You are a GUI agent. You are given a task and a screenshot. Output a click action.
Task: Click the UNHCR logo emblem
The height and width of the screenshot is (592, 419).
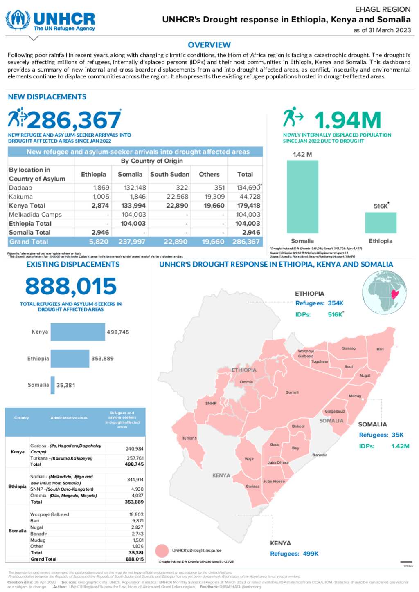(x=18, y=20)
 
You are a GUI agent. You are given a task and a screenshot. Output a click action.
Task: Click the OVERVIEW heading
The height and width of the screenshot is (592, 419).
(x=209, y=45)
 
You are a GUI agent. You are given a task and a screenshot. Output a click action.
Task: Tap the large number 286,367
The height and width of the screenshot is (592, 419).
(x=74, y=120)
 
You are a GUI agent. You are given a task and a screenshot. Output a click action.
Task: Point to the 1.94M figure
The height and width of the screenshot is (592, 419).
(x=347, y=120)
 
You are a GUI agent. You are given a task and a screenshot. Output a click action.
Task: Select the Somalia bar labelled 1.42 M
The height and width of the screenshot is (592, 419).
(x=302, y=197)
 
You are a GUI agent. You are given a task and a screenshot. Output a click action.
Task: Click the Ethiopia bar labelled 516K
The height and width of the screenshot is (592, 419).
(x=381, y=223)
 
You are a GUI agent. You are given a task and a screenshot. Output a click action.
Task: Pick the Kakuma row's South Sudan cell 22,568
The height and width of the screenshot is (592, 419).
(x=177, y=197)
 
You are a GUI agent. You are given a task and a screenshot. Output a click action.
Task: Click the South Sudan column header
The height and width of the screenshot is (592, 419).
(x=169, y=174)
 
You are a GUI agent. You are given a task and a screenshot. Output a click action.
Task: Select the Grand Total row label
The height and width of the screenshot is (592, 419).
(x=29, y=242)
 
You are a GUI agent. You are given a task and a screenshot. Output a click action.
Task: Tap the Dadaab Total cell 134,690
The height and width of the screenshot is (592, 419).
(x=248, y=188)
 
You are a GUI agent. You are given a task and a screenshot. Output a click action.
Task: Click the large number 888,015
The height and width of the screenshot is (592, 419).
(x=71, y=286)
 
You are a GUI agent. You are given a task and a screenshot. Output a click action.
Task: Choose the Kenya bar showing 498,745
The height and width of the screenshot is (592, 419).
(x=78, y=332)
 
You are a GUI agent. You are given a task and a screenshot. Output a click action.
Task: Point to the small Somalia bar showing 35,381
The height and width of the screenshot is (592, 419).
(x=52, y=385)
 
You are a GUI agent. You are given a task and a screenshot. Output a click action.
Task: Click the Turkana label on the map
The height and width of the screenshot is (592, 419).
(x=189, y=438)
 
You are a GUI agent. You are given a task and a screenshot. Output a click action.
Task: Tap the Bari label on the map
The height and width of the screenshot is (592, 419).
(x=380, y=349)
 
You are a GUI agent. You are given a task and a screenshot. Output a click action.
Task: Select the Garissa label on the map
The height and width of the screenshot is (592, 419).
(x=252, y=486)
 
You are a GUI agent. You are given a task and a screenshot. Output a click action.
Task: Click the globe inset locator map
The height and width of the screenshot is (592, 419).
(x=384, y=292)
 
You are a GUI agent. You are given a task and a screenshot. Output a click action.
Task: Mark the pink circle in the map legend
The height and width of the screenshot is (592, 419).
(x=162, y=551)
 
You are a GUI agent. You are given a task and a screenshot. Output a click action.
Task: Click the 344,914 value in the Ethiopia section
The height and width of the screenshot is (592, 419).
(x=135, y=480)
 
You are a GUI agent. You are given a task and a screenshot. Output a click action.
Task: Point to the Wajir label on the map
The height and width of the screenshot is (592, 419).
(x=249, y=459)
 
